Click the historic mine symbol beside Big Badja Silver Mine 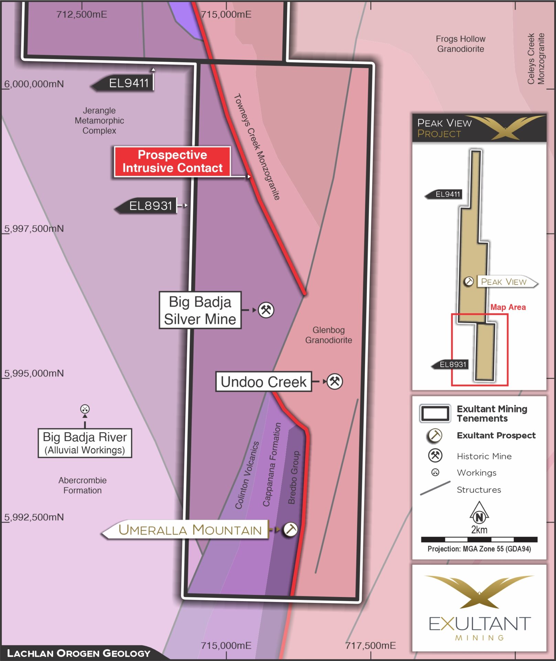266,310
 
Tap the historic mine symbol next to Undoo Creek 335,381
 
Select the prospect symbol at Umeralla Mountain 290,529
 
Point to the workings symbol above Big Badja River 85,409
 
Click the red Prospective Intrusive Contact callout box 172,161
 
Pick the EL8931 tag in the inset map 452,365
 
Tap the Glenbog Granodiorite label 328,335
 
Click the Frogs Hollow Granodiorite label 460,44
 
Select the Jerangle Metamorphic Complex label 99,120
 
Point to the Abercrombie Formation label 83,485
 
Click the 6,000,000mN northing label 34,84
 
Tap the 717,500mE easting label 371,646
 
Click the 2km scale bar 479,539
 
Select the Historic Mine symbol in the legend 435,455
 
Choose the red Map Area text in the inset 508,307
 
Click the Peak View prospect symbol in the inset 469,281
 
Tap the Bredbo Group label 294,478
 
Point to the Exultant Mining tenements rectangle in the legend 435,413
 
